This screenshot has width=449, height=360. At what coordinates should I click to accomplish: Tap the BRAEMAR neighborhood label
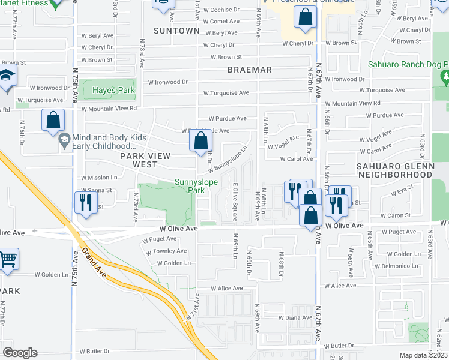click(x=250, y=70)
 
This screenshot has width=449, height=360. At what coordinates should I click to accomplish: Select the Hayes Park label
click(x=112, y=91)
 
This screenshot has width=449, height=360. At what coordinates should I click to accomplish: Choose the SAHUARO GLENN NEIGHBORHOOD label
click(x=394, y=170)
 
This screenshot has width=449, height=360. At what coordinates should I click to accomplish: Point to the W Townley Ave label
click(x=166, y=251)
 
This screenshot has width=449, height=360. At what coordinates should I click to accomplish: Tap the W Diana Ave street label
click(x=294, y=317)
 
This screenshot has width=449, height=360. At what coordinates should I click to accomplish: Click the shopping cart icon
click(x=8, y=259)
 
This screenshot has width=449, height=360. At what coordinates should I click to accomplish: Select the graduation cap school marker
click(x=7, y=76)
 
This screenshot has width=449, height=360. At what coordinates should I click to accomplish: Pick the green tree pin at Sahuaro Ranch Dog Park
click(x=444, y=77)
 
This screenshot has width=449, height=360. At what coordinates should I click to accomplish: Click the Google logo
click(x=20, y=352)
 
